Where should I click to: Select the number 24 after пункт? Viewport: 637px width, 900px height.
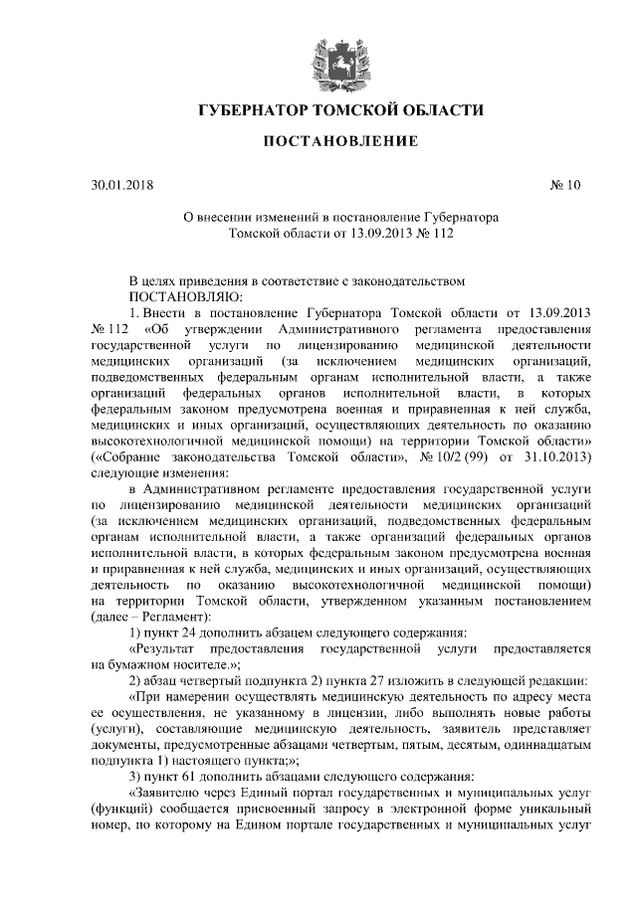(x=191, y=633)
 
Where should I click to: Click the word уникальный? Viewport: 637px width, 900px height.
(x=553, y=810)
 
